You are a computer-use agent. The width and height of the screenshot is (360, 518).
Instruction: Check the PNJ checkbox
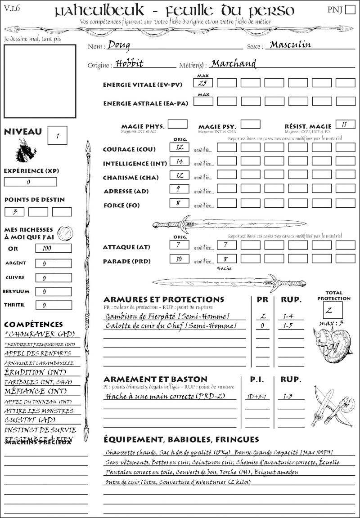[x=349, y=10]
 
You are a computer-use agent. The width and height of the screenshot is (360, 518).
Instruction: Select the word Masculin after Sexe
[x=290, y=45]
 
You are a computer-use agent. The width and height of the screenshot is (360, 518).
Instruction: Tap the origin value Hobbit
[x=129, y=63]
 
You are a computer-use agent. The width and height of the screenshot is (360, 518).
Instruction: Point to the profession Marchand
[x=234, y=63]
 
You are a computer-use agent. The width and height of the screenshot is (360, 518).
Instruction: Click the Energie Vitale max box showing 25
[x=202, y=83]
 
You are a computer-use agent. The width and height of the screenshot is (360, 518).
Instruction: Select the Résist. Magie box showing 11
[x=345, y=124]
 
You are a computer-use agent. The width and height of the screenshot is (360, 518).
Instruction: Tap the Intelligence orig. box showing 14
[x=179, y=161]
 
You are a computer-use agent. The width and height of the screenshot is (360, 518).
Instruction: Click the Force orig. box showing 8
[x=179, y=203]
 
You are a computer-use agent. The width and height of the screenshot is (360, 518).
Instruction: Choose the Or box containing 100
[x=53, y=248]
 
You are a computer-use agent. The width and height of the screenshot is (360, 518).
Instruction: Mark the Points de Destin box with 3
[x=15, y=212]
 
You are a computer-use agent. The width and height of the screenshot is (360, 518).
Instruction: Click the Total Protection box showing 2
[x=333, y=310]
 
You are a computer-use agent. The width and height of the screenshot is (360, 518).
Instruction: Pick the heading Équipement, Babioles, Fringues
[x=181, y=439]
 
